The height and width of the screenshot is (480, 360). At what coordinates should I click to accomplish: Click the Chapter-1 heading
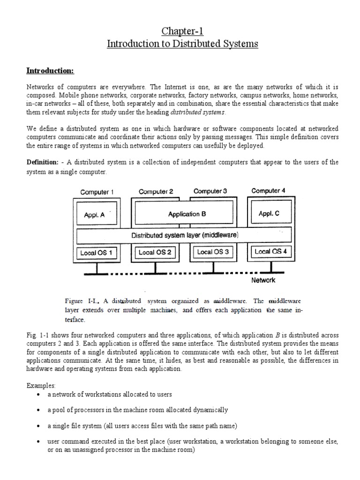coord(183,31)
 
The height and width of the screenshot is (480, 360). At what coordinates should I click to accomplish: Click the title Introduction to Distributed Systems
coord(183,44)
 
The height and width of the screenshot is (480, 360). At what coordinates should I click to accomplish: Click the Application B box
coord(187,214)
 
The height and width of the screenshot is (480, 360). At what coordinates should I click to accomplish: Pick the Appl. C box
coord(269,213)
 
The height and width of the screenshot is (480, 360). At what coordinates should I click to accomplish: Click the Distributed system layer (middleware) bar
coord(184,235)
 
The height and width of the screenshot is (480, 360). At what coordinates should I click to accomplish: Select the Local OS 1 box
coord(96,253)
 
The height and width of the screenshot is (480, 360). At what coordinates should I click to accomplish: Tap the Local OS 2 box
coord(155,252)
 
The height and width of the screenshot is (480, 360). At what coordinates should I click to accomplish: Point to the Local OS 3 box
coord(213,252)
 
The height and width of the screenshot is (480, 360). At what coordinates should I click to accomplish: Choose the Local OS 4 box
coord(270,251)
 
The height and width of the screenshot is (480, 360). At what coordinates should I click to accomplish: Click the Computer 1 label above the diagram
coord(97,192)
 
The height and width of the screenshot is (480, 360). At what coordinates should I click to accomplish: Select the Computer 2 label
coord(156,192)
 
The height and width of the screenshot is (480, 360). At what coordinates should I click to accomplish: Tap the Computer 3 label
coord(210,191)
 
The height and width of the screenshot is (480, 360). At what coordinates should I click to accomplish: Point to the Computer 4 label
coord(268,191)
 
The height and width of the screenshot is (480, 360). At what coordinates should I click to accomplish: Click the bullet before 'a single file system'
coord(37,426)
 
